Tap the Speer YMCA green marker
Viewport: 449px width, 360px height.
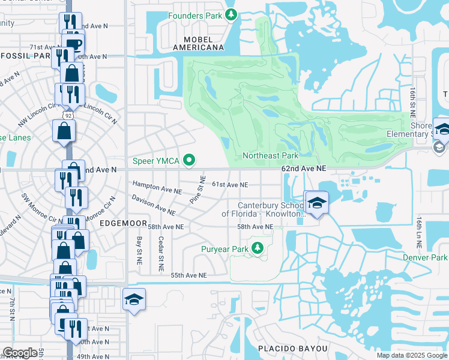tap(190, 160)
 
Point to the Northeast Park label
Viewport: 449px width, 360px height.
tap(270, 155)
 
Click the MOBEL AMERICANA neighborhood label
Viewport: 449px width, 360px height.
tap(198, 47)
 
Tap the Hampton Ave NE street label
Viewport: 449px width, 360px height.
tap(157, 188)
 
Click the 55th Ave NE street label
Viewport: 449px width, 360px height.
tap(188, 275)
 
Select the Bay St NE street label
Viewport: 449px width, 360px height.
tap(139, 251)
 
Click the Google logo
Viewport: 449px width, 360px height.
tap(20, 353)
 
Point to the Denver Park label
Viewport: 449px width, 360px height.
tap(426, 257)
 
